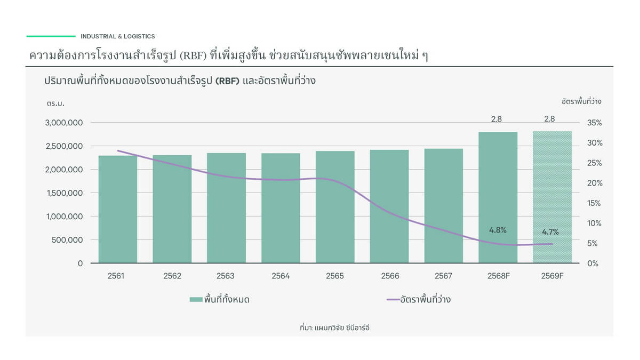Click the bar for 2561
coord(118,209)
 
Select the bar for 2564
coord(281,208)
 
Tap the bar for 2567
coord(443,206)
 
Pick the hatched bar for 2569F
coord(552,197)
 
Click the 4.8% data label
coord(498,230)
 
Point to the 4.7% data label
coord(550,231)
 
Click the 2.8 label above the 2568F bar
coord(497,119)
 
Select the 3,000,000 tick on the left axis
coord(63,123)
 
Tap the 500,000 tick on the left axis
coord(67,240)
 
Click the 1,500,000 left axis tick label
coord(65,193)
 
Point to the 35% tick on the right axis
coord(595,123)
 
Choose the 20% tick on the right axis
coord(595,183)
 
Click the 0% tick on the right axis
coord(593,263)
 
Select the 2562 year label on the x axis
coord(172,276)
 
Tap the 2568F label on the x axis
coord(499,276)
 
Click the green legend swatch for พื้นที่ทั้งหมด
coord(196,299)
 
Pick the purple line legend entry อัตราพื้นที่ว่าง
coord(419,299)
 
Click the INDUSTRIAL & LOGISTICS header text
coord(118,36)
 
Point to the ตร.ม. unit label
coord(55,103)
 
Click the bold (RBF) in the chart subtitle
coord(227,81)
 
